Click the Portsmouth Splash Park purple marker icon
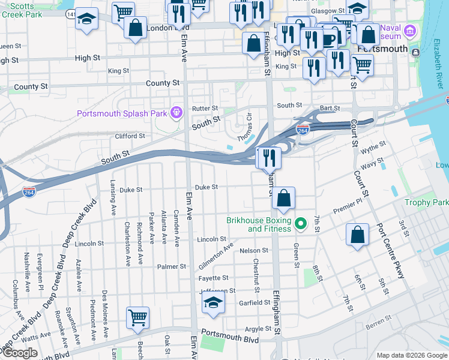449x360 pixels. (x=176, y=112)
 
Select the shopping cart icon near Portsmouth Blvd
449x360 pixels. (x=138, y=317)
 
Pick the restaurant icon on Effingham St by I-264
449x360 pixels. (x=268, y=158)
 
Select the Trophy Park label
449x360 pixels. (x=426, y=203)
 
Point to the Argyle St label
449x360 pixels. (x=258, y=329)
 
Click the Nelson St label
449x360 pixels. (x=253, y=250)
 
